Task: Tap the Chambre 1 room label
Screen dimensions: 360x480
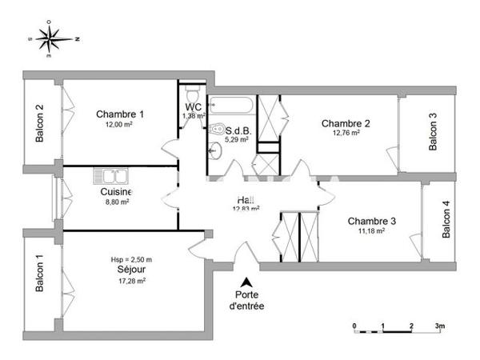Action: (x=120, y=114)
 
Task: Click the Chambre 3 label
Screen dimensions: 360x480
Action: (x=371, y=221)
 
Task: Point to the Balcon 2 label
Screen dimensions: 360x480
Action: (x=39, y=124)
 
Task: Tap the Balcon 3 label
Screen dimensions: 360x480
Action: (x=433, y=131)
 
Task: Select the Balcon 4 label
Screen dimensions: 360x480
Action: (x=446, y=219)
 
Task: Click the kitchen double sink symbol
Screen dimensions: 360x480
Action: (x=110, y=176)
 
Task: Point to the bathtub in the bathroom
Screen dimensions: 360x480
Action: (x=231, y=106)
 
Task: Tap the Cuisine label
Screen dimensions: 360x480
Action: (x=116, y=192)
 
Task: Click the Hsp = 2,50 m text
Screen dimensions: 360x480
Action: (x=131, y=260)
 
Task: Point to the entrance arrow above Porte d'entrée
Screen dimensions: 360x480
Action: (x=246, y=282)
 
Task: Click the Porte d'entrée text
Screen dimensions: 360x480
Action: (x=246, y=300)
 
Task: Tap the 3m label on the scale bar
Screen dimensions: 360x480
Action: (x=439, y=326)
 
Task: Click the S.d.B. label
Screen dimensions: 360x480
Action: (x=238, y=130)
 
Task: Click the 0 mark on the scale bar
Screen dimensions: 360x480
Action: (x=354, y=326)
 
